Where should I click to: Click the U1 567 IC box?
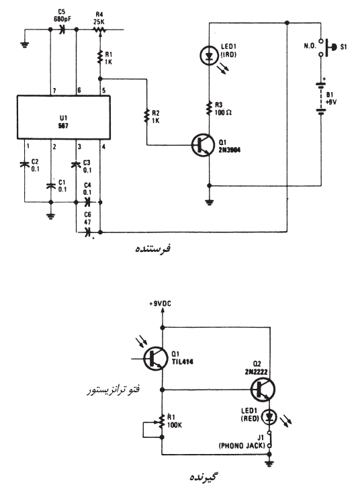click(64, 118)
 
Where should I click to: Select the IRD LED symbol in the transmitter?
click(209, 56)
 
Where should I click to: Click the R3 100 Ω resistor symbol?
click(209, 108)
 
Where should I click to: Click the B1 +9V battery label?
click(331, 99)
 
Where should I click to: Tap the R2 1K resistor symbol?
click(146, 116)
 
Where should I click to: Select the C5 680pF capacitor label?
click(62, 16)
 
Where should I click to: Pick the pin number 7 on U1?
click(54, 91)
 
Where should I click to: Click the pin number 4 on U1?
click(103, 147)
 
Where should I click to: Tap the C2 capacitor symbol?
click(24, 165)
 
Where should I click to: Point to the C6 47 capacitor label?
click(87, 219)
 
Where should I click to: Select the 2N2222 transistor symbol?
click(263, 390)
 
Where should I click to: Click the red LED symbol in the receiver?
click(270, 418)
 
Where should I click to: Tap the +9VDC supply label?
click(160, 304)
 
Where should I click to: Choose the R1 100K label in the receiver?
click(175, 421)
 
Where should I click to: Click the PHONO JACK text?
click(242, 446)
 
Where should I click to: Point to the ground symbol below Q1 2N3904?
click(209, 201)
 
